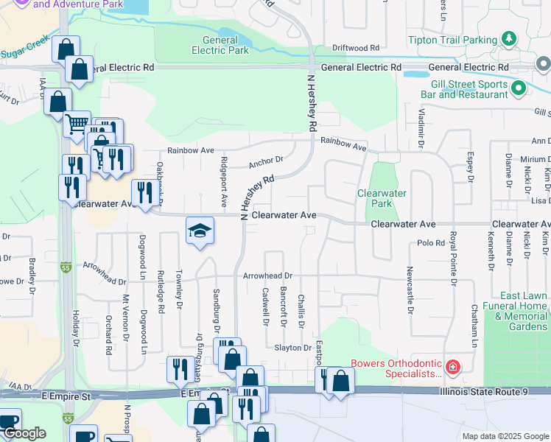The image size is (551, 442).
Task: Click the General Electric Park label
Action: pyautogui.click(x=220, y=45)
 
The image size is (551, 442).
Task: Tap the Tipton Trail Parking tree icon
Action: pyautogui.click(x=508, y=38)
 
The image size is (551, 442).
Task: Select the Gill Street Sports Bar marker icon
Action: pyautogui.click(x=518, y=88)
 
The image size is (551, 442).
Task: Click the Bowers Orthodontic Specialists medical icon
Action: pyautogui.click(x=453, y=366)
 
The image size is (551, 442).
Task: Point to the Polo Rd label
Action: pyautogui.click(x=431, y=242)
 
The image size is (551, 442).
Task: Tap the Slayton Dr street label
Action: pyautogui.click(x=293, y=348)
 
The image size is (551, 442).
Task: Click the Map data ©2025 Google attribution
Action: pyautogui.click(x=505, y=436)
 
